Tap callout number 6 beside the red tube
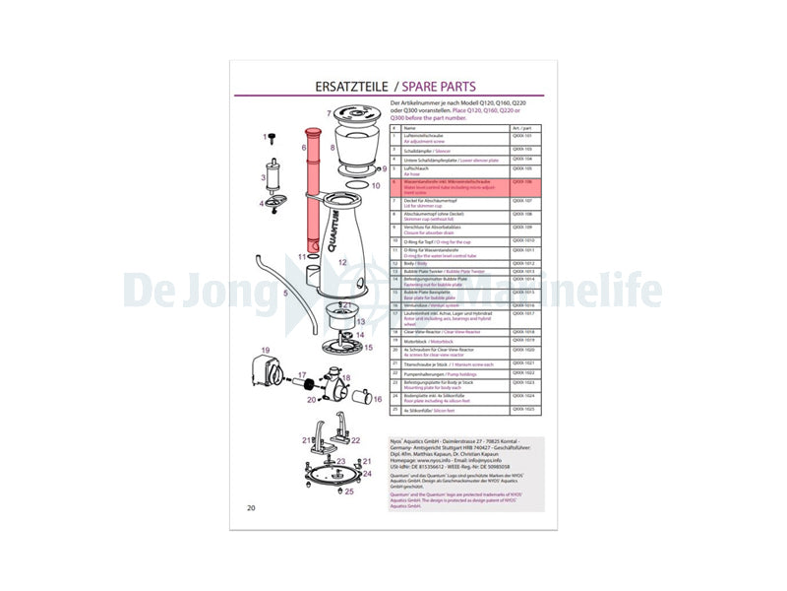coord(305,148)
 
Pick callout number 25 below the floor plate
coord(347,490)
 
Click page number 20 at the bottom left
coord(252,507)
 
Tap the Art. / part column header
coord(520,128)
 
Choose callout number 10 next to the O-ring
coord(375,183)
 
